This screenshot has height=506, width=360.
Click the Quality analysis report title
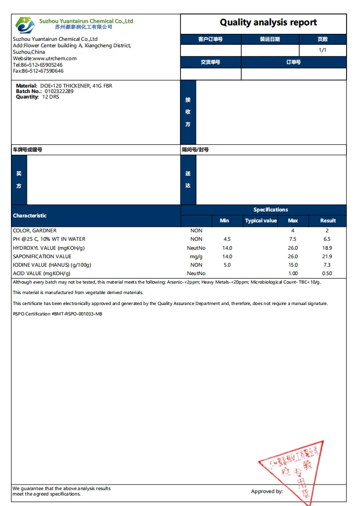(268, 22)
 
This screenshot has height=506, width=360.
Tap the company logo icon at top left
(25, 24)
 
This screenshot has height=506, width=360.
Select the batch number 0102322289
(59, 91)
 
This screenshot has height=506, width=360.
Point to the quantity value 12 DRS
(51, 97)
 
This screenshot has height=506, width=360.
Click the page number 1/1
(322, 50)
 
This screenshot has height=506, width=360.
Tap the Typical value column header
(261, 220)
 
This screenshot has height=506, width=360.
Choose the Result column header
(328, 220)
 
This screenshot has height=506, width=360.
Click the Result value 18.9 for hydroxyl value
(327, 248)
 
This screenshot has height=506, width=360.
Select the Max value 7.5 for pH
(293, 239)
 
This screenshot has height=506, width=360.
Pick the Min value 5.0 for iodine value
(227, 265)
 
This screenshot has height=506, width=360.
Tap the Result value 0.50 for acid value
(327, 274)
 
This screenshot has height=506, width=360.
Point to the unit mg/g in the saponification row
(196, 257)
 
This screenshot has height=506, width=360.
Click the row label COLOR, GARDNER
(35, 231)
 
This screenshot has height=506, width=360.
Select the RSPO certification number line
(58, 314)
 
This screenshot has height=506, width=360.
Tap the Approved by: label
(267, 491)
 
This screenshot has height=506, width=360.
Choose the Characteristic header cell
(30, 215)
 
